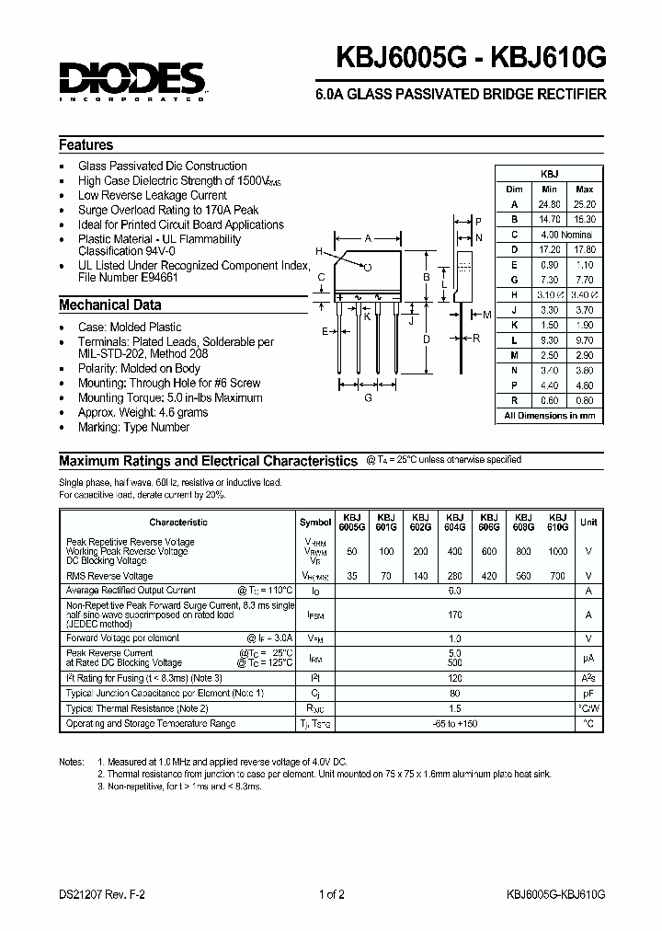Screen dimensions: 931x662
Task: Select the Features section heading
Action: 86,145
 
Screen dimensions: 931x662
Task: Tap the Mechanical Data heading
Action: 109,305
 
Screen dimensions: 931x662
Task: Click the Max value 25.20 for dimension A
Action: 585,204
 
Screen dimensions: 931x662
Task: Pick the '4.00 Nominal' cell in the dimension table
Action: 566,234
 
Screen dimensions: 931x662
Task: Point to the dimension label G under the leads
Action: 368,397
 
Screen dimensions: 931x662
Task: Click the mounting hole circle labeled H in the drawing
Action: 368,267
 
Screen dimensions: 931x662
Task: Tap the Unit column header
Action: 588,522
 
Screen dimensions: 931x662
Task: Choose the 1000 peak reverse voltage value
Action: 558,550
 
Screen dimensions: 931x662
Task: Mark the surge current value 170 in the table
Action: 453,615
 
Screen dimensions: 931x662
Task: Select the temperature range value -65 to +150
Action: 453,724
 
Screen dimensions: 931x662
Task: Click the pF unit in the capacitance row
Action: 588,694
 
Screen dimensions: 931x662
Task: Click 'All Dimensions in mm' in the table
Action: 550,416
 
